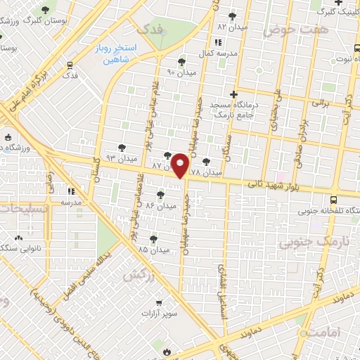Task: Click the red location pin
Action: pyautogui.click(x=181, y=166)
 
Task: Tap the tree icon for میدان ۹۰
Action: pyautogui.click(x=182, y=62)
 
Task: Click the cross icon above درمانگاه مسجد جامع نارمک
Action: pyautogui.click(x=234, y=94)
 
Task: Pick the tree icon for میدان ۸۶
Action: pyautogui.click(x=161, y=194)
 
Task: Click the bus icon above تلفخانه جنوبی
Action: pyautogui.click(x=341, y=199)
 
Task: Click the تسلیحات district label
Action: pyautogui.click(x=21, y=209)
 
